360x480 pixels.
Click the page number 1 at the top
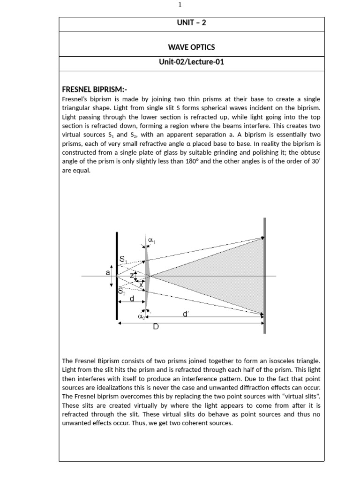click(x=180, y=5)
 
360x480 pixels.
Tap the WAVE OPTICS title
click(x=191, y=47)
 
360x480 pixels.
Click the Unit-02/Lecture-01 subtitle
click(x=191, y=62)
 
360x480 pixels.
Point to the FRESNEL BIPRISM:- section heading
click(x=94, y=90)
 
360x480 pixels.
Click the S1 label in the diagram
click(x=123, y=259)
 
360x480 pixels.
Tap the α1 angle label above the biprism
click(x=151, y=240)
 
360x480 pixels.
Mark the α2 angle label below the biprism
click(x=141, y=316)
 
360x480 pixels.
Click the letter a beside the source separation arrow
click(x=107, y=272)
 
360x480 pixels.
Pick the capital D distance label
click(x=156, y=327)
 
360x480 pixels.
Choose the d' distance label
click(x=186, y=314)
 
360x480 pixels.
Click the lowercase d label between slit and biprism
click(x=132, y=299)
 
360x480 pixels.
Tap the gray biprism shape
click(x=147, y=276)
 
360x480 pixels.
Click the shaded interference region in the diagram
click(x=220, y=276)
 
